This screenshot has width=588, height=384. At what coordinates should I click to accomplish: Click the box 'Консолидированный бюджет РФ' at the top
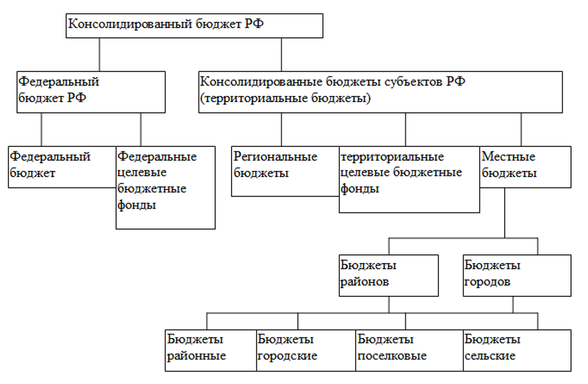tap(194, 25)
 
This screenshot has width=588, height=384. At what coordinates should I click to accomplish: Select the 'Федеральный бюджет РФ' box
tap(91, 92)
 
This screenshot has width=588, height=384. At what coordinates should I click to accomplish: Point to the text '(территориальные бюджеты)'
tap(285, 98)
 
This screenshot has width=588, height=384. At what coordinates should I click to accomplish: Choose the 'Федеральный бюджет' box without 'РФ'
tap(62, 166)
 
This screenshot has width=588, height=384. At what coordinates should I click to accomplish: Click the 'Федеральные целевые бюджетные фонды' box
tap(165, 187)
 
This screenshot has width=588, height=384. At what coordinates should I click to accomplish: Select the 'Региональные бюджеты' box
tap(285, 172)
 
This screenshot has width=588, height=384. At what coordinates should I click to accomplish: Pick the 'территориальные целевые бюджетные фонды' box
tap(409, 180)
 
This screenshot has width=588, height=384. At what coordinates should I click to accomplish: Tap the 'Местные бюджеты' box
tap(526, 166)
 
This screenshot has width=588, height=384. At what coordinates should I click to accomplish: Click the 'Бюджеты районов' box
tap(389, 276)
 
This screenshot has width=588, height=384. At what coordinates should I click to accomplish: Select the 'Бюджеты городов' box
tap(517, 276)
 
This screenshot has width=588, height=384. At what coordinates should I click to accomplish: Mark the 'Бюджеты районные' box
tap(211, 351)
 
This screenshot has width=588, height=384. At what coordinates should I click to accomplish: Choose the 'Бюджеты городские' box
tap(306, 351)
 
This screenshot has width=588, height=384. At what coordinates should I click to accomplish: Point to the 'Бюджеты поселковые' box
tap(409, 351)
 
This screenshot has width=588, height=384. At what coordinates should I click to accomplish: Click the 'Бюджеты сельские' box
tap(517, 351)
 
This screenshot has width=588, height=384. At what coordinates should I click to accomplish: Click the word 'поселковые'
tap(392, 356)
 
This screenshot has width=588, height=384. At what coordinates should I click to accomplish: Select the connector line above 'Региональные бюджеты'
tap(281, 130)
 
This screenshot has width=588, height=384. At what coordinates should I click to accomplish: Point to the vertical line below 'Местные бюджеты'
tap(505, 212)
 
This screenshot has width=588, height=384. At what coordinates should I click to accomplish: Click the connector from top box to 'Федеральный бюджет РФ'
tap(100, 55)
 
